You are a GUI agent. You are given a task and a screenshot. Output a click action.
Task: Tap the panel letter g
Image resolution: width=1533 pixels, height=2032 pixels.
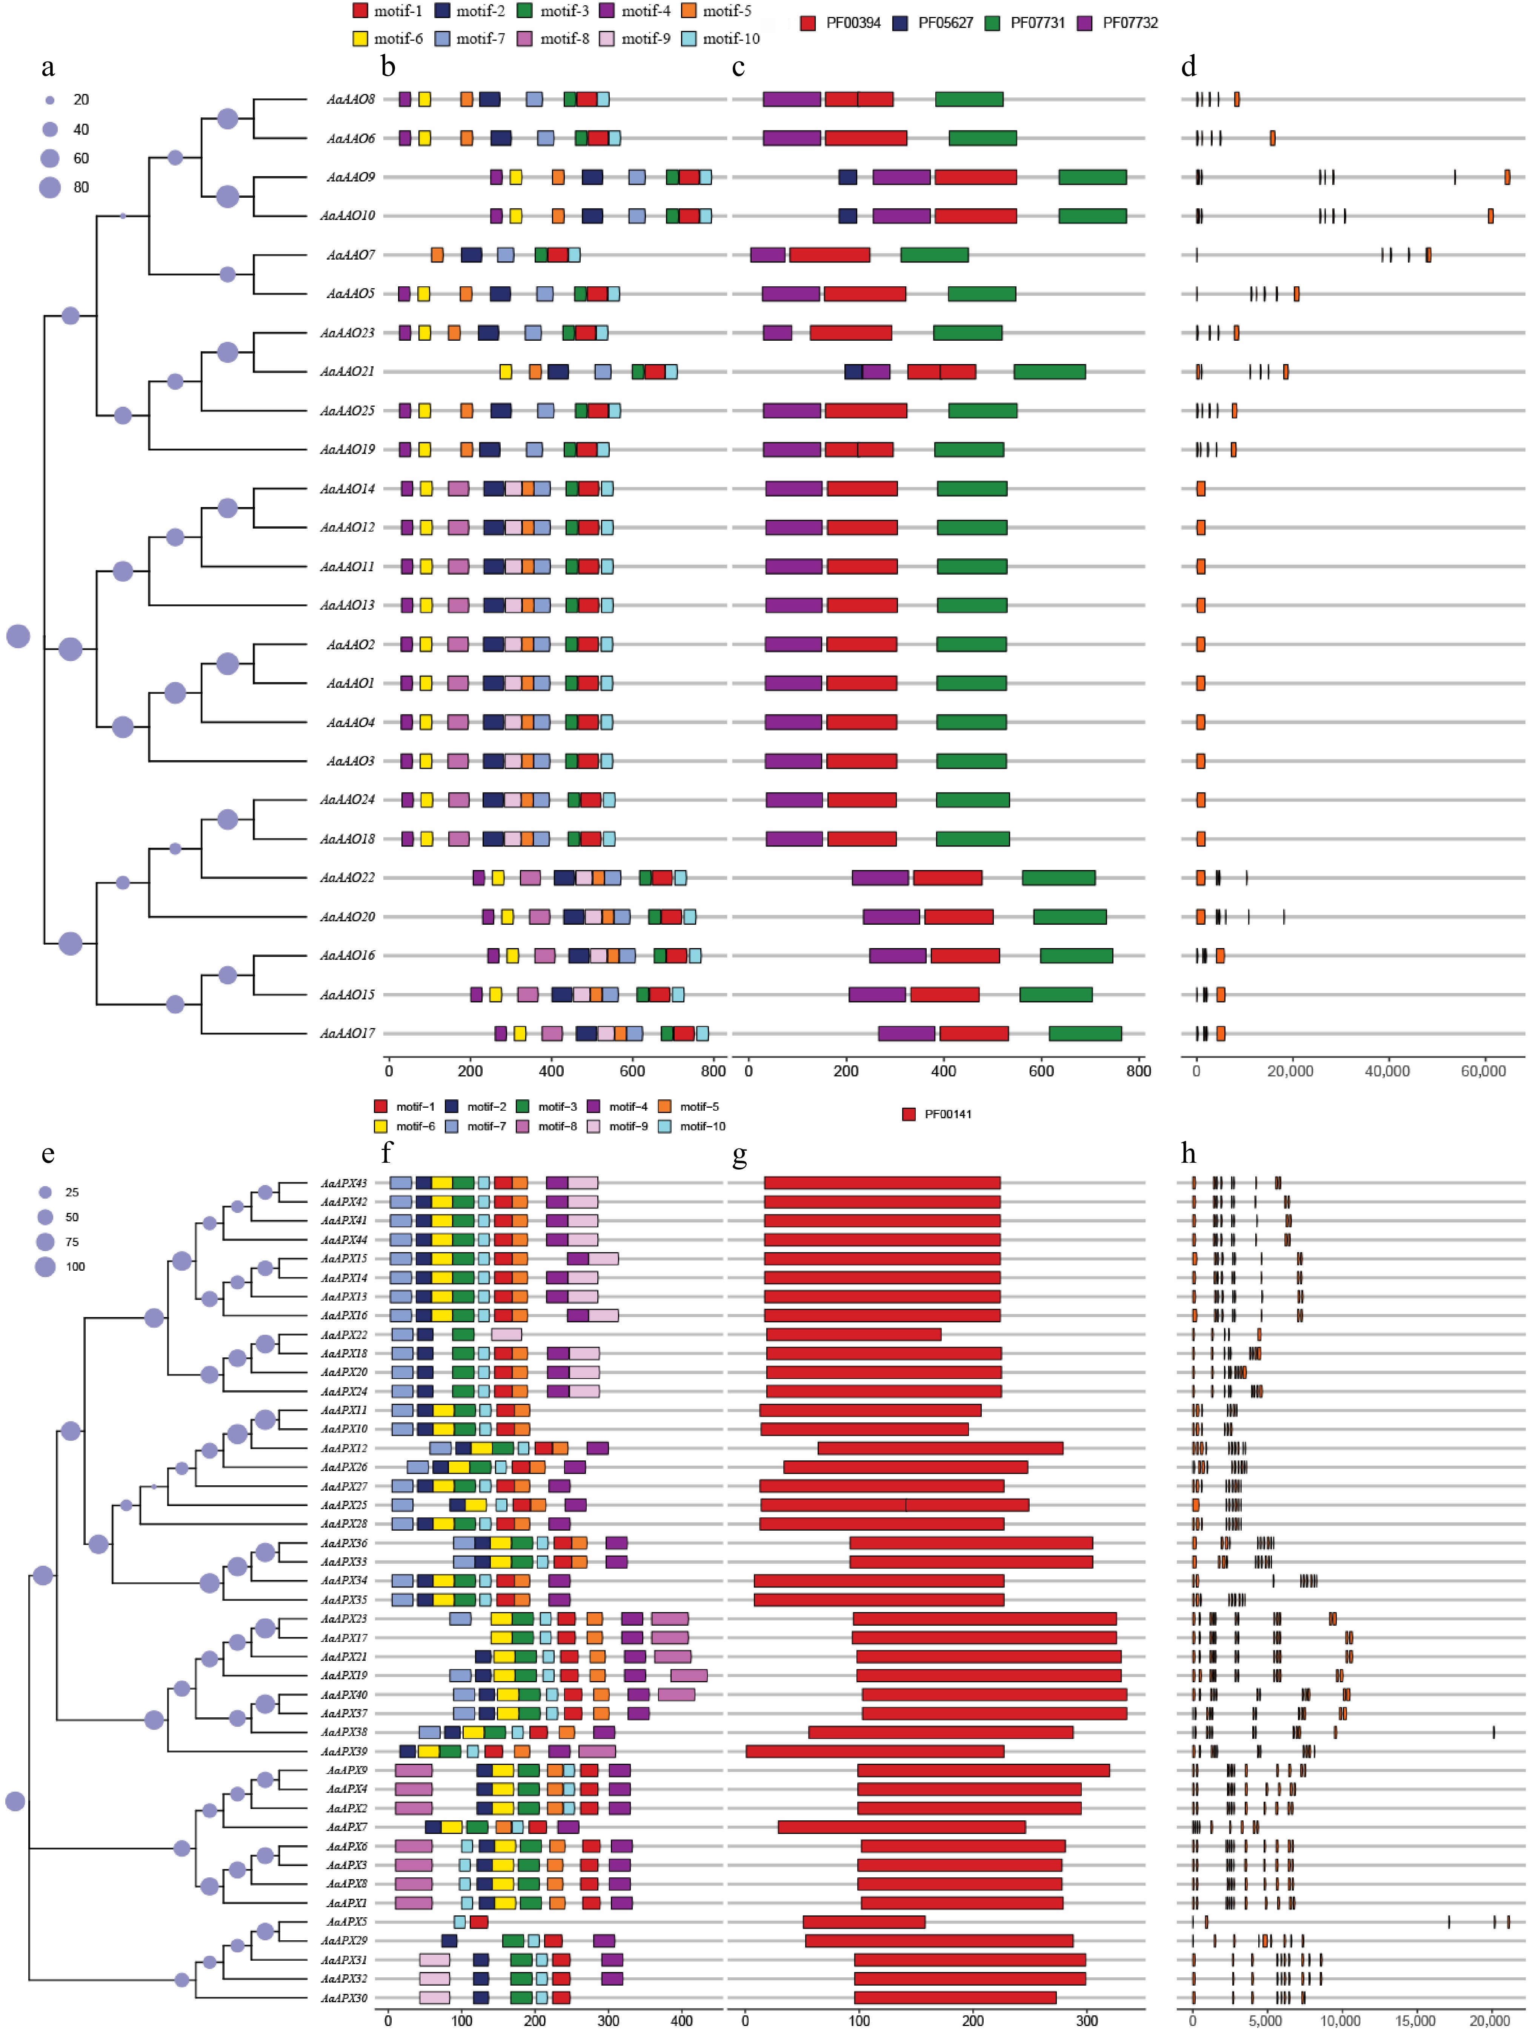click(740, 1155)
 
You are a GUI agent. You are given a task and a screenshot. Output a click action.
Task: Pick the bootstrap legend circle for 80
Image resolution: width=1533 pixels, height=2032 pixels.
click(49, 188)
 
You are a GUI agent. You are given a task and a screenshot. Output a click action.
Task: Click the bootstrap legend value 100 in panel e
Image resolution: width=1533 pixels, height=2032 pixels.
click(75, 1267)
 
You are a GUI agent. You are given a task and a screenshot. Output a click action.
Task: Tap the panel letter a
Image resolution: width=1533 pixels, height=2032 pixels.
click(48, 67)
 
